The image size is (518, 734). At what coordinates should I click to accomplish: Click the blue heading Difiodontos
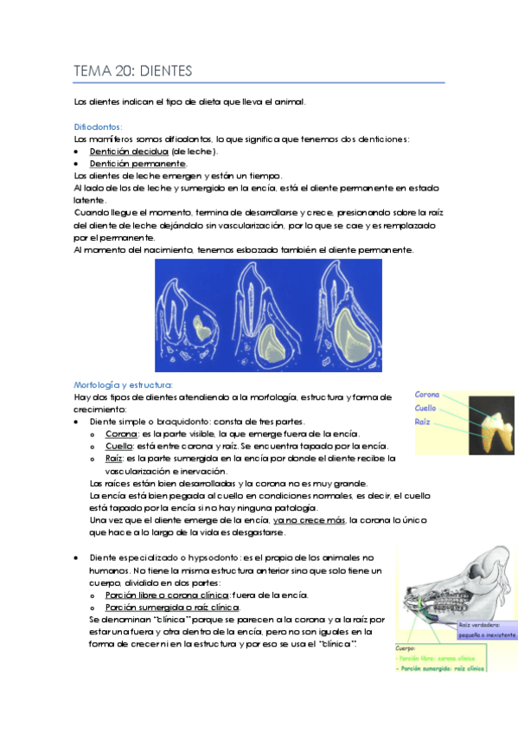[98, 126]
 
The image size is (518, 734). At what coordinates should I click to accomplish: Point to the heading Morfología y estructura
[124, 384]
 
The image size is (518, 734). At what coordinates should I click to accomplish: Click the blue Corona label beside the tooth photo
[426, 395]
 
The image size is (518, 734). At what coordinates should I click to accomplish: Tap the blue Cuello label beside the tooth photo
[425, 409]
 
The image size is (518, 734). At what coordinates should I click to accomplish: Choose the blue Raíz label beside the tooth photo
[423, 422]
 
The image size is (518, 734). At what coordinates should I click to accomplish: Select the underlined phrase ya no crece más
[309, 520]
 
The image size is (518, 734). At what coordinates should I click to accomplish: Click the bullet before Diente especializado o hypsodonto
[79, 558]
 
